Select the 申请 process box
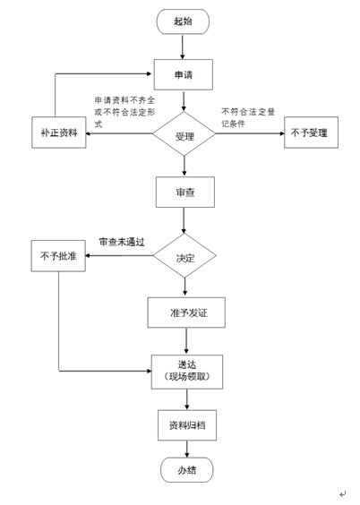click(x=184, y=74)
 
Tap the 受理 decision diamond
click(x=184, y=135)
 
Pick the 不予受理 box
click(x=310, y=134)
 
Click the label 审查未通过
click(x=122, y=242)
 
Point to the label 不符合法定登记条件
click(x=250, y=117)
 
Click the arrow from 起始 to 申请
click(x=183, y=47)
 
